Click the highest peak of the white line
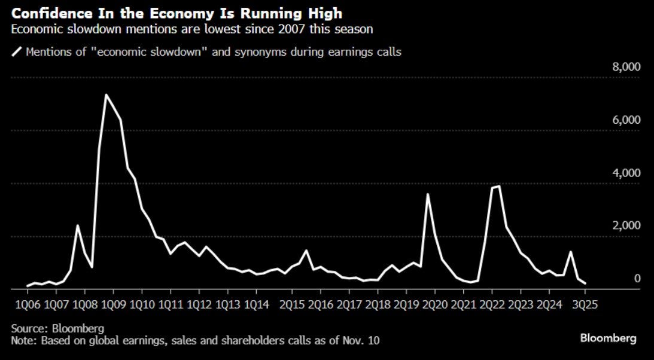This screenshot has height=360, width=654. [106, 95]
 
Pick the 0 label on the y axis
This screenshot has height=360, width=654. [637, 279]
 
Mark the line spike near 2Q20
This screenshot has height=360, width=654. [427, 194]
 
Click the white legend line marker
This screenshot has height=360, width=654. [16, 52]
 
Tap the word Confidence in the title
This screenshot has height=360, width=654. [43, 13]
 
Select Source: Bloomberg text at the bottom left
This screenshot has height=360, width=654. [57, 328]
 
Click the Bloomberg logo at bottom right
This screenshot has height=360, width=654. [608, 338]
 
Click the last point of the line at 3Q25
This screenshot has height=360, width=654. [585, 283]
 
